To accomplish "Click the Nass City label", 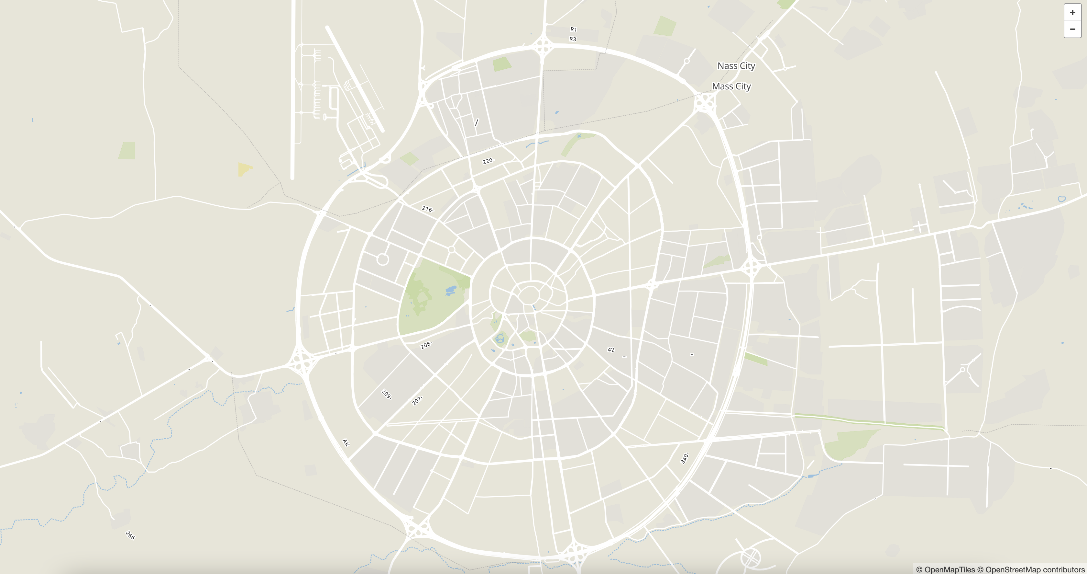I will coord(736,66).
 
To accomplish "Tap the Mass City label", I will coord(731,86).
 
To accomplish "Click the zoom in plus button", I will coord(1072,12).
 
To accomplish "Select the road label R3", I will coord(573,39).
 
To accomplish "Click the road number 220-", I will coord(488,161).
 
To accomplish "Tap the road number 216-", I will coord(427,209).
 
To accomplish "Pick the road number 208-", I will coord(426,345).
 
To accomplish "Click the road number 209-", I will coord(386,394).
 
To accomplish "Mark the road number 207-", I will coord(417,400).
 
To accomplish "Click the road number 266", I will coord(130,535).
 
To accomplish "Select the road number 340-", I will coord(685,458).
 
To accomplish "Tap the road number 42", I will coord(610,350).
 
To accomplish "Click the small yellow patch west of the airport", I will coord(244,169).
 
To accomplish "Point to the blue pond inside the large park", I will coord(451,290).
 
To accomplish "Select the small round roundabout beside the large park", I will coord(382,259).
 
